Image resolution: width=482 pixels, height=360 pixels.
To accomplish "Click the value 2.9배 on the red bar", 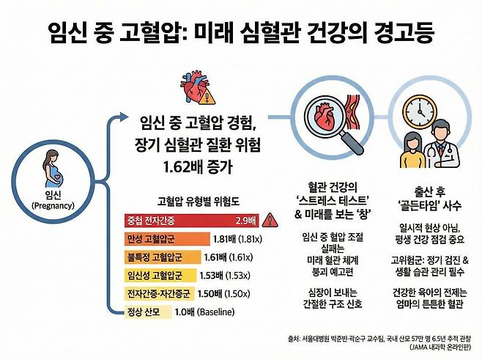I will (244, 219).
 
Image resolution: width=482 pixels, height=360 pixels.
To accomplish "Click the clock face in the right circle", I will (421, 112).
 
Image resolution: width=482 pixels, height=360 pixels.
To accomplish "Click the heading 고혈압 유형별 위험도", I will (195, 199).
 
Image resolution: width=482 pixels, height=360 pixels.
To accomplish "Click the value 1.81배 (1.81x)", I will (232, 238).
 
